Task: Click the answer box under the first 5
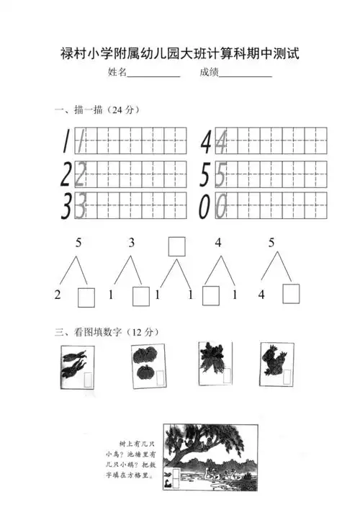86,296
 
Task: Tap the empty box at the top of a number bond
176,246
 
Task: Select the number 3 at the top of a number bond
132,243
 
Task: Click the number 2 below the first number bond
58,295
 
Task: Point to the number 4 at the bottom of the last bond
261,295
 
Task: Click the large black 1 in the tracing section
66,141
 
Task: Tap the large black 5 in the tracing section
207,174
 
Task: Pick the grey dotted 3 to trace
81,207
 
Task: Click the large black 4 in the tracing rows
207,141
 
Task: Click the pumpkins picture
148,366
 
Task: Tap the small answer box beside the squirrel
287,377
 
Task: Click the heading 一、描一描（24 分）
96,110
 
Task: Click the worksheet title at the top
179,54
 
